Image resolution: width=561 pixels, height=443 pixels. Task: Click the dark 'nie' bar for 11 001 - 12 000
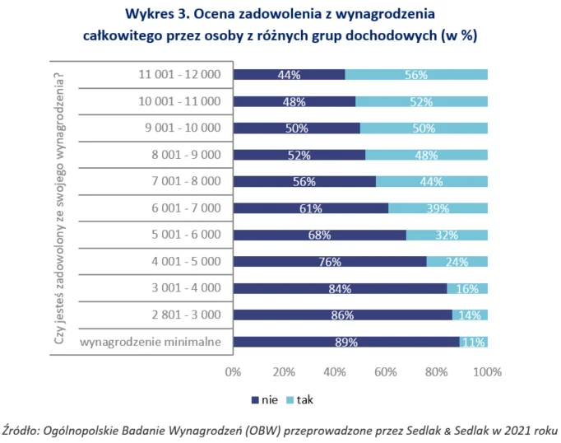(289, 74)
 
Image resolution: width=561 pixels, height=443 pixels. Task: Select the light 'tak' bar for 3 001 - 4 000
(467, 288)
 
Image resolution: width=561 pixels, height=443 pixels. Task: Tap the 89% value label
(346, 342)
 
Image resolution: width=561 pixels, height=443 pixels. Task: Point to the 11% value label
(473, 342)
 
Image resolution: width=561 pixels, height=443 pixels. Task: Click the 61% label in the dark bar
(311, 208)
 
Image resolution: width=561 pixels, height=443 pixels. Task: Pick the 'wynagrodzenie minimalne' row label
(151, 342)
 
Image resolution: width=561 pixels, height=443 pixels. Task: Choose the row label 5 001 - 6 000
(186, 235)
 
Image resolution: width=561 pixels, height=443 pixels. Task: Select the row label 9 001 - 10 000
(183, 128)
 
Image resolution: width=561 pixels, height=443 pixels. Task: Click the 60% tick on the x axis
(385, 372)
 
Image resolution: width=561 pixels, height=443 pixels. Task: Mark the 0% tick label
(233, 372)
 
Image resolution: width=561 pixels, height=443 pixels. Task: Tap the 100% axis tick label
(487, 372)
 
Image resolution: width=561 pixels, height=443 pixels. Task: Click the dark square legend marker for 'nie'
(255, 400)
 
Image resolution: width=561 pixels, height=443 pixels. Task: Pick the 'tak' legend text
(305, 399)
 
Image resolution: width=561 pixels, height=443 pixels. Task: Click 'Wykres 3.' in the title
(157, 14)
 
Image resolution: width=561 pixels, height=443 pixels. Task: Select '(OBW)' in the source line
(263, 430)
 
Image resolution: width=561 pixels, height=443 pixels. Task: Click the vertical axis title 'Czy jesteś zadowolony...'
(58, 208)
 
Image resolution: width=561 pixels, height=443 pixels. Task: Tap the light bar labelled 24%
(457, 261)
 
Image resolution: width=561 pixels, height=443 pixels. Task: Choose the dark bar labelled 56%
(304, 182)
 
